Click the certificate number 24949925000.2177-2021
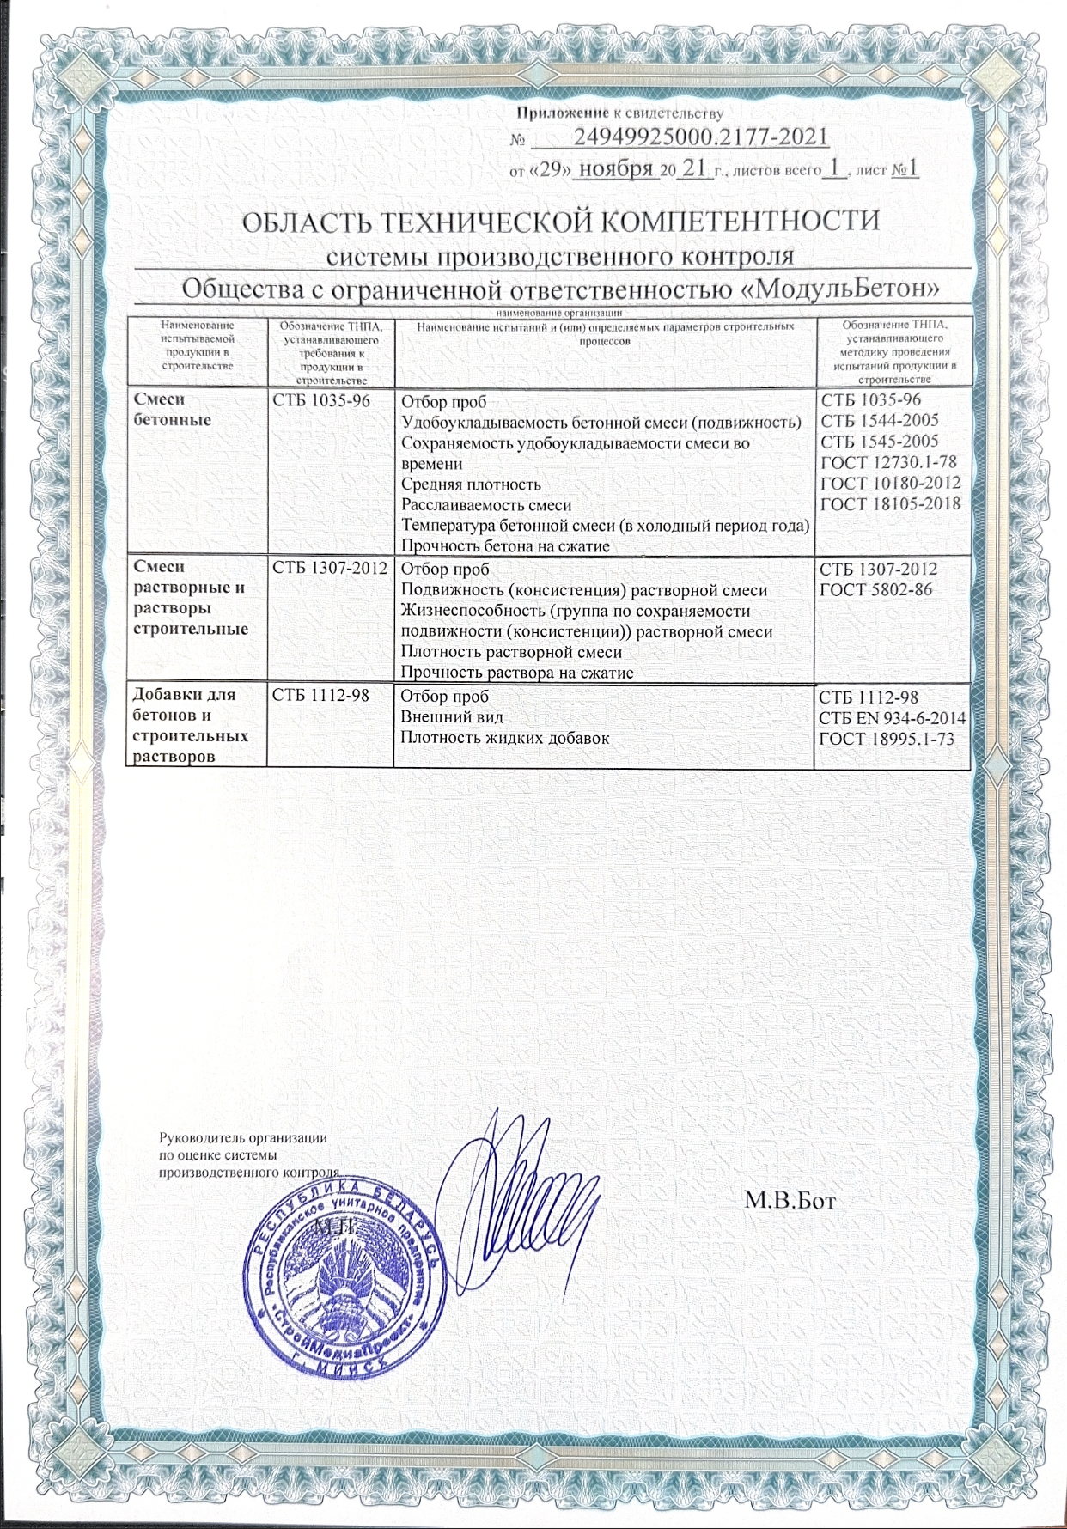[699, 137]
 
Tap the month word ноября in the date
[616, 168]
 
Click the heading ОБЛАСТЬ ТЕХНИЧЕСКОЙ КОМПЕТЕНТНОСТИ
[560, 222]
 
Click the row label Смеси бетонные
[173, 410]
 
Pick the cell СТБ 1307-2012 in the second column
[330, 569]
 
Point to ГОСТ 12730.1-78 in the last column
[889, 462]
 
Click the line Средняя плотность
[471, 484]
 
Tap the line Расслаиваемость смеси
[486, 505]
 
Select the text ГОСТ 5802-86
[876, 590]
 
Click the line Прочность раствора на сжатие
[517, 673]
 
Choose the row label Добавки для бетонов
[185, 704]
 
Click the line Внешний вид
[452, 717]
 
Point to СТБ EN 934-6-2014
[892, 718]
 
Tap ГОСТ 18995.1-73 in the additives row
[887, 739]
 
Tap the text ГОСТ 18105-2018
[890, 504]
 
